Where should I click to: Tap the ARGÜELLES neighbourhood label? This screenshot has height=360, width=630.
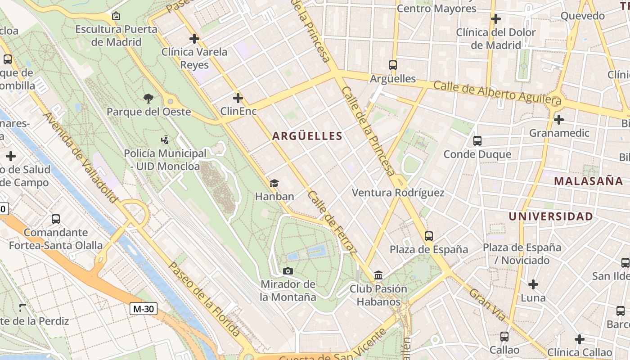coord(307,136)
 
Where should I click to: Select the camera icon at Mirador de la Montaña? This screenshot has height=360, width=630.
coord(288,271)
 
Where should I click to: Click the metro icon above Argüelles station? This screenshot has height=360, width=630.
coord(393,65)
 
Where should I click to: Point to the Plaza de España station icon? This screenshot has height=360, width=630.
coord(429,236)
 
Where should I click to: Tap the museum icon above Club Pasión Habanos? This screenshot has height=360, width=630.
coord(378,275)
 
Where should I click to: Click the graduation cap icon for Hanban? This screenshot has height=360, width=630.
coord(274,183)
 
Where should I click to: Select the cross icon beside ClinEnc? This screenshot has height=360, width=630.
coord(238,98)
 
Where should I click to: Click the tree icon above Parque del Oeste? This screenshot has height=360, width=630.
coord(148,98)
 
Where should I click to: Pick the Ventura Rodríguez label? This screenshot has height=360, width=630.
coord(398,193)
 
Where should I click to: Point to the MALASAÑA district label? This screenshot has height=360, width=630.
coord(588,181)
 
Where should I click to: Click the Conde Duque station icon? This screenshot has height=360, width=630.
coord(477,141)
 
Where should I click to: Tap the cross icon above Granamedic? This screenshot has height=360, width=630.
coord(559,120)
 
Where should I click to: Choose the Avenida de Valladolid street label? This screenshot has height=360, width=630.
coord(81,157)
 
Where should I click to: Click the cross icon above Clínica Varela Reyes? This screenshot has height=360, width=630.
coord(194,39)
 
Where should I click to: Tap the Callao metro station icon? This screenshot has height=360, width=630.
coord(504,336)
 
